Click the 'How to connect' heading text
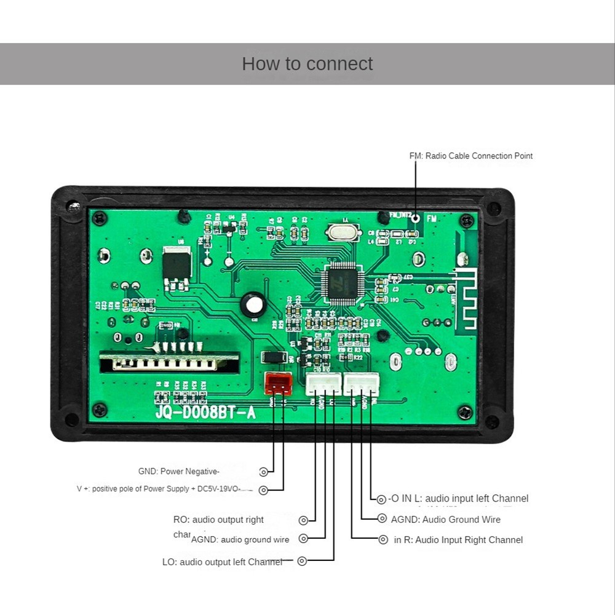[x=307, y=64]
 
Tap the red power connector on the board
[x=278, y=384]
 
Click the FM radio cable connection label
[x=471, y=156]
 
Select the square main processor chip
[x=340, y=284]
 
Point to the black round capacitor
[x=252, y=304]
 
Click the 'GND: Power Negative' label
[x=178, y=472]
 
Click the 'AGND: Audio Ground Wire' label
[x=446, y=520]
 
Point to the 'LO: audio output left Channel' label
[x=222, y=561]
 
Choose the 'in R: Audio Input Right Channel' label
[x=458, y=540]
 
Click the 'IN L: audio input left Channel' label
[x=458, y=499]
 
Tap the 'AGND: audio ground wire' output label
[x=240, y=540]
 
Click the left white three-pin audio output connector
[x=323, y=384]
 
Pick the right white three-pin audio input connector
[x=362, y=384]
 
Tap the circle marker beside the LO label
[x=302, y=561]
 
